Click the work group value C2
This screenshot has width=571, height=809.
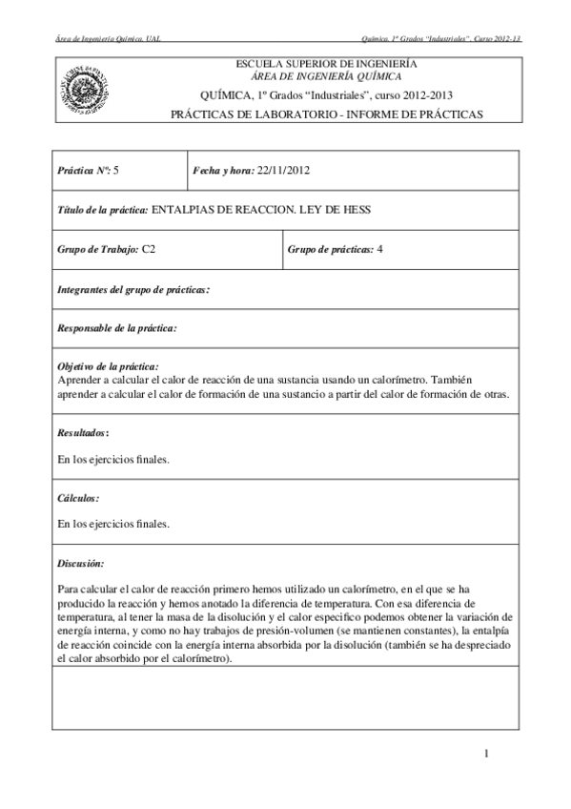point(149,250)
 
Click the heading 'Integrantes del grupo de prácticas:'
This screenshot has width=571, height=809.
point(134,289)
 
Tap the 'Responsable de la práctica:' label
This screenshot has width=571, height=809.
point(118,328)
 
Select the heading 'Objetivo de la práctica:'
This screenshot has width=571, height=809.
point(109,366)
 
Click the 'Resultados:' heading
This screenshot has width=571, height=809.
point(83,432)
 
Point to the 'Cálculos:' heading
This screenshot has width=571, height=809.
point(79,497)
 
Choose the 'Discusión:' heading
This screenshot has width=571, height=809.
point(81,563)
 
